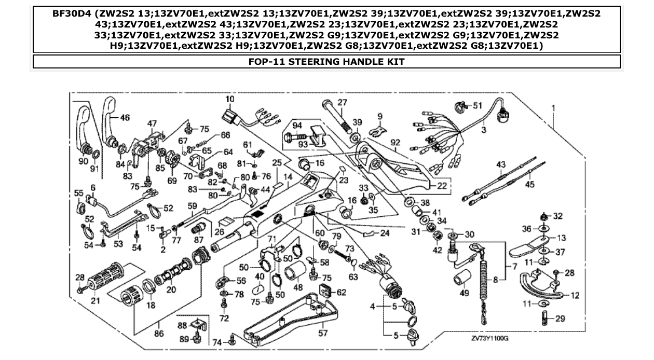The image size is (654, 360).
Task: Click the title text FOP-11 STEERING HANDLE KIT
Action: click(326, 62)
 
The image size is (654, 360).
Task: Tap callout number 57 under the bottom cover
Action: click(323, 334)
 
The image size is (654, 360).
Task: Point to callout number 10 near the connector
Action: click(230, 99)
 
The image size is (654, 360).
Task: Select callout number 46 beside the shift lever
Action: click(125, 118)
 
